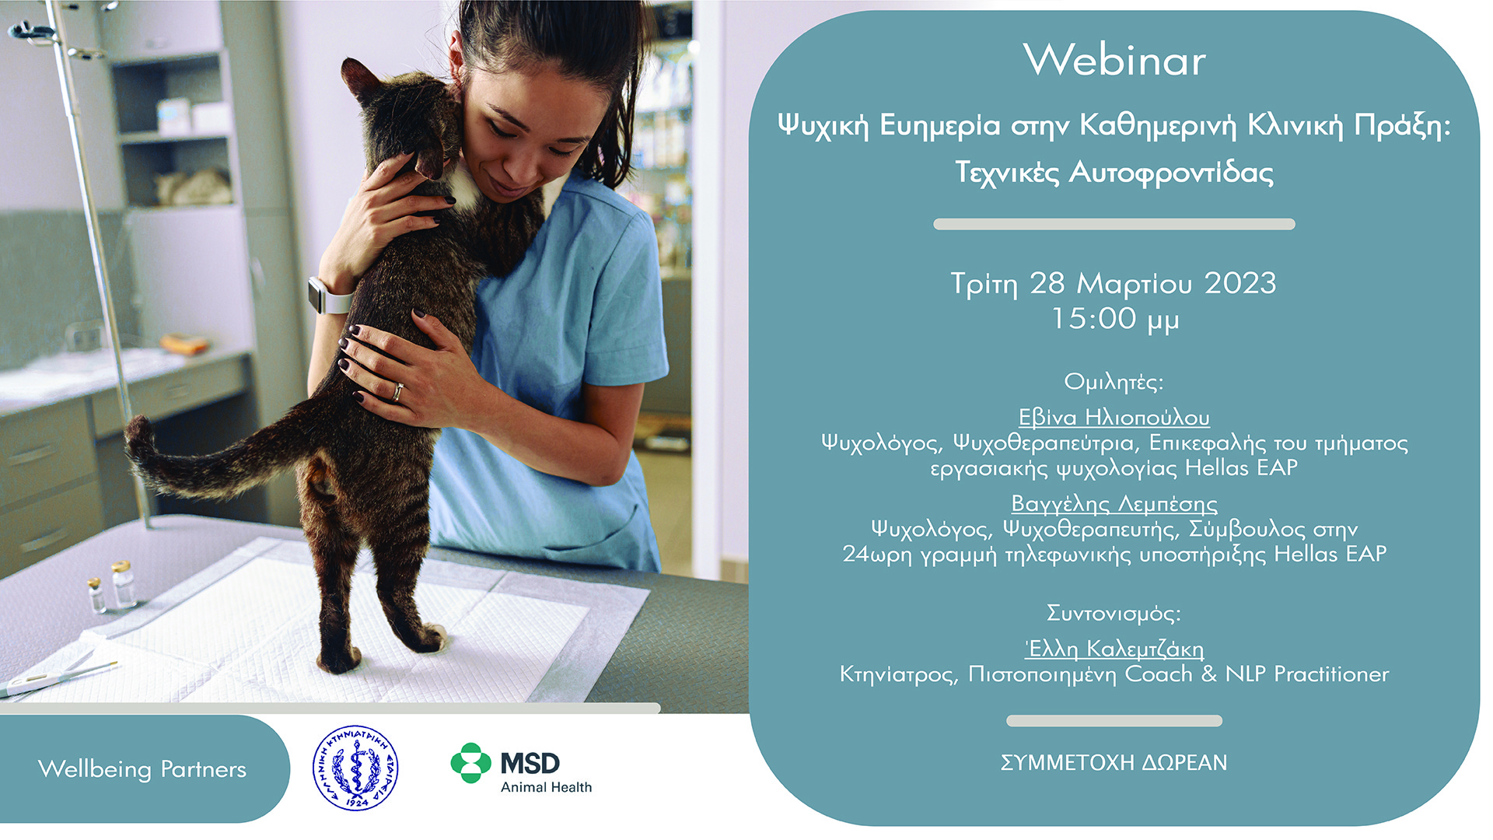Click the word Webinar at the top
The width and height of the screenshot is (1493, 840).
1114,60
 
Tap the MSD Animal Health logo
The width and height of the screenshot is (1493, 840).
521,768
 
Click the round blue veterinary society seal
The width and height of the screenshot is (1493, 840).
355,768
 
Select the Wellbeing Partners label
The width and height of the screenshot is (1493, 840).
142,769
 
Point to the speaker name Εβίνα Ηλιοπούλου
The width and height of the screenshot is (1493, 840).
1114,418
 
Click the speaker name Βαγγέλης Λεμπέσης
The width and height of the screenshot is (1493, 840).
1114,504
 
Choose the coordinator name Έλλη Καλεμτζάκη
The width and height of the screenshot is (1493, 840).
1114,648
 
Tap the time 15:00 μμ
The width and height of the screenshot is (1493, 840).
1114,319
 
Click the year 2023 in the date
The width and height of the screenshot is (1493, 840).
1240,283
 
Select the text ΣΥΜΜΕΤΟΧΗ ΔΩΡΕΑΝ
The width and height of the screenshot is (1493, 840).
1114,763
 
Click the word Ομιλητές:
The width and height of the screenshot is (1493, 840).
1114,382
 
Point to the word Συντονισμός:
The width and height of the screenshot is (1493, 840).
1114,614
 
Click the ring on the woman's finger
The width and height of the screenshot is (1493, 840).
397,391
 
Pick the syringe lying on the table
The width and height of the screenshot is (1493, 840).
58,678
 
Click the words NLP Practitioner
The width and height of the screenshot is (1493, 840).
1307,674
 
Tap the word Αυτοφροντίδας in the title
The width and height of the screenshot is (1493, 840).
1171,173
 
